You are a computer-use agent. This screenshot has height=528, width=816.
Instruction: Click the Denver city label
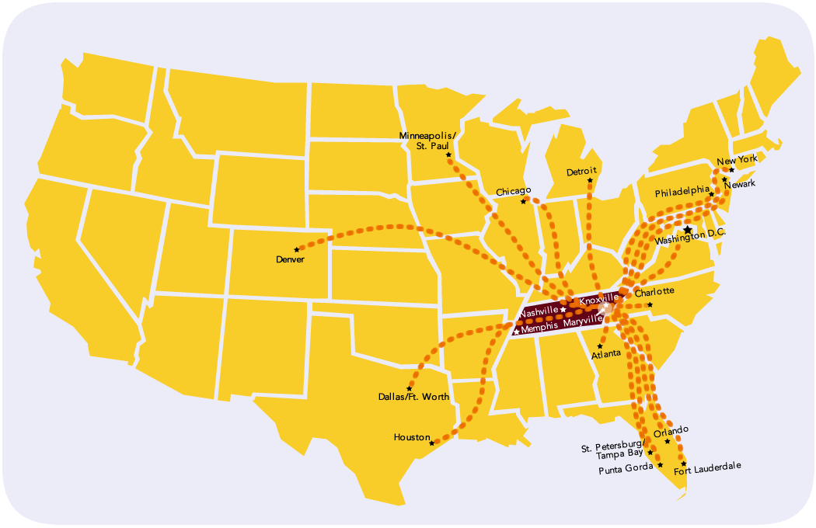[290, 259]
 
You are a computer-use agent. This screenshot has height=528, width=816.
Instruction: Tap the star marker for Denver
[296, 249]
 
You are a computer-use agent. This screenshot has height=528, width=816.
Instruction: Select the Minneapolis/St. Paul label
[428, 140]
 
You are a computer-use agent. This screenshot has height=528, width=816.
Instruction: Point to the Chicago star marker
[524, 201]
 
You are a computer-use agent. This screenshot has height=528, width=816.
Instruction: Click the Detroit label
[581, 172]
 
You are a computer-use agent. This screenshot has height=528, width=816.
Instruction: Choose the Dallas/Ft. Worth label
[413, 397]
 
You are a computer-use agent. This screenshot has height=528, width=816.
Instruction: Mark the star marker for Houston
[432, 443]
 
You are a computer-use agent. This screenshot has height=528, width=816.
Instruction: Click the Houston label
[411, 437]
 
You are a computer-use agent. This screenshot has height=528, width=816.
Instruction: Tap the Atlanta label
[606, 353]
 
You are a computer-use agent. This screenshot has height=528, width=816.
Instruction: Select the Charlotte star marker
[650, 304]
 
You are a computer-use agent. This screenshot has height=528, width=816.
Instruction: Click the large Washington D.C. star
[687, 230]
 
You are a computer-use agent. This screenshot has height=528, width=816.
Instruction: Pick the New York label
[737, 159]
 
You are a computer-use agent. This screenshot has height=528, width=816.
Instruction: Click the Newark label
[739, 185]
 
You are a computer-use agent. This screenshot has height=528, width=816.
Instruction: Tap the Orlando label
[671, 430]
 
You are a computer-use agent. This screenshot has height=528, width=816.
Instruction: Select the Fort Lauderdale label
[707, 467]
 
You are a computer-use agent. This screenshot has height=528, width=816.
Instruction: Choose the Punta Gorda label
[626, 468]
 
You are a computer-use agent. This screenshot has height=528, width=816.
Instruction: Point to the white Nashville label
[539, 311]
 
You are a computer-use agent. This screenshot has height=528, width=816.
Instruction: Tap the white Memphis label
[539, 328]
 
